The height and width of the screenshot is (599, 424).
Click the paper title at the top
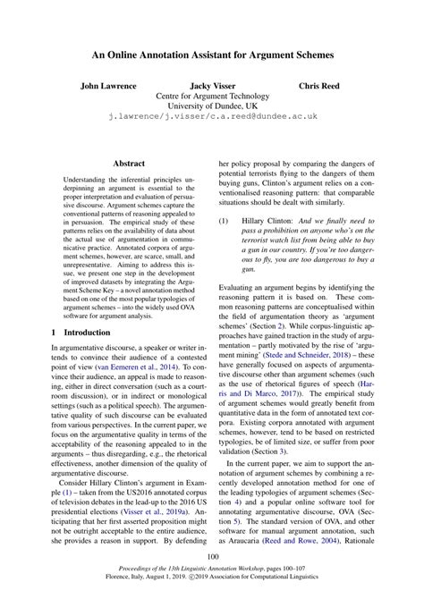(212, 55)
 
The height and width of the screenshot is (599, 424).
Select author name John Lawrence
(109, 86)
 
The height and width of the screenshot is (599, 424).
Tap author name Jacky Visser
(212, 86)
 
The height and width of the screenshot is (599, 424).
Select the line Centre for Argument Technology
(212, 96)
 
